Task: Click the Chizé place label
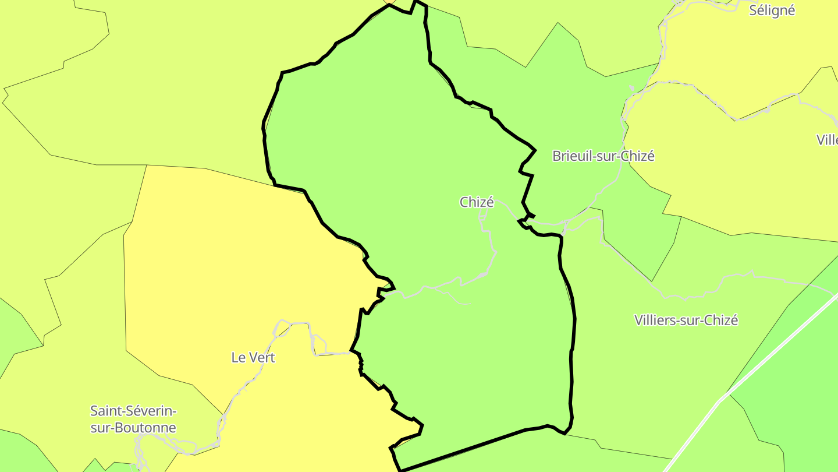tap(477, 202)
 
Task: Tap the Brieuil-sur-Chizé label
tap(603, 156)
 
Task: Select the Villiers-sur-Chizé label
tap(686, 320)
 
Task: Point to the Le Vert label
tap(253, 357)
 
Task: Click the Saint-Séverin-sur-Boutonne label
tap(133, 419)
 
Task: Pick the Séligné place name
tap(772, 10)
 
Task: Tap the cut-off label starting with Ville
tap(827, 140)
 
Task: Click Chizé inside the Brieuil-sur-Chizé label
tap(638, 156)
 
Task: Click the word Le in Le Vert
tap(237, 357)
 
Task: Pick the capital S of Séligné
tap(753, 10)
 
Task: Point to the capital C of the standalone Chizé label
tap(464, 202)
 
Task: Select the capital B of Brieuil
tap(556, 156)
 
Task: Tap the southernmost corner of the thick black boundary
tap(400, 470)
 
